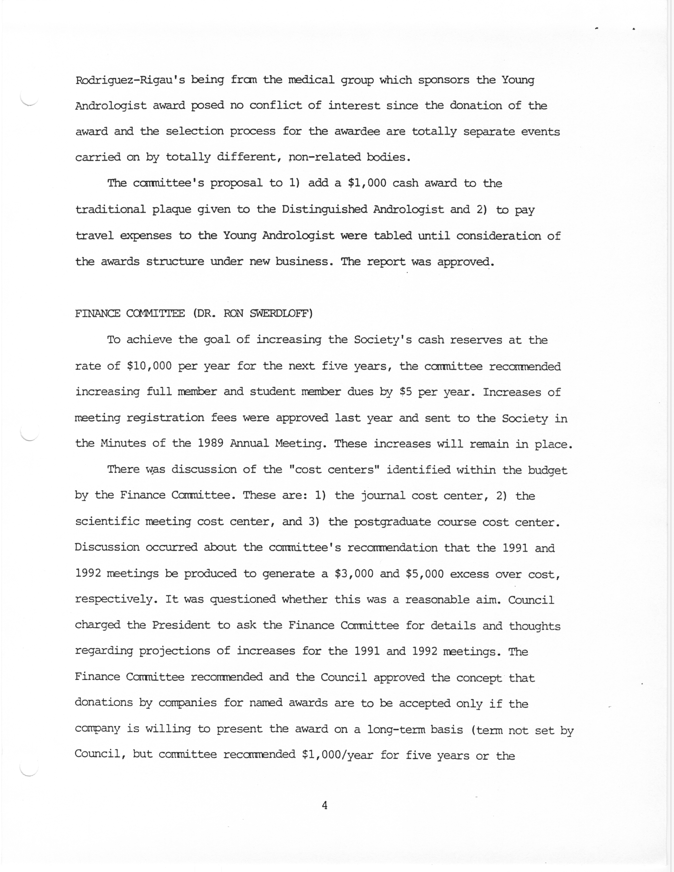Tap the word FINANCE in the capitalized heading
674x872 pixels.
(97, 314)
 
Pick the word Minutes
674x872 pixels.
(123, 444)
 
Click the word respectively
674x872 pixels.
(114, 600)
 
